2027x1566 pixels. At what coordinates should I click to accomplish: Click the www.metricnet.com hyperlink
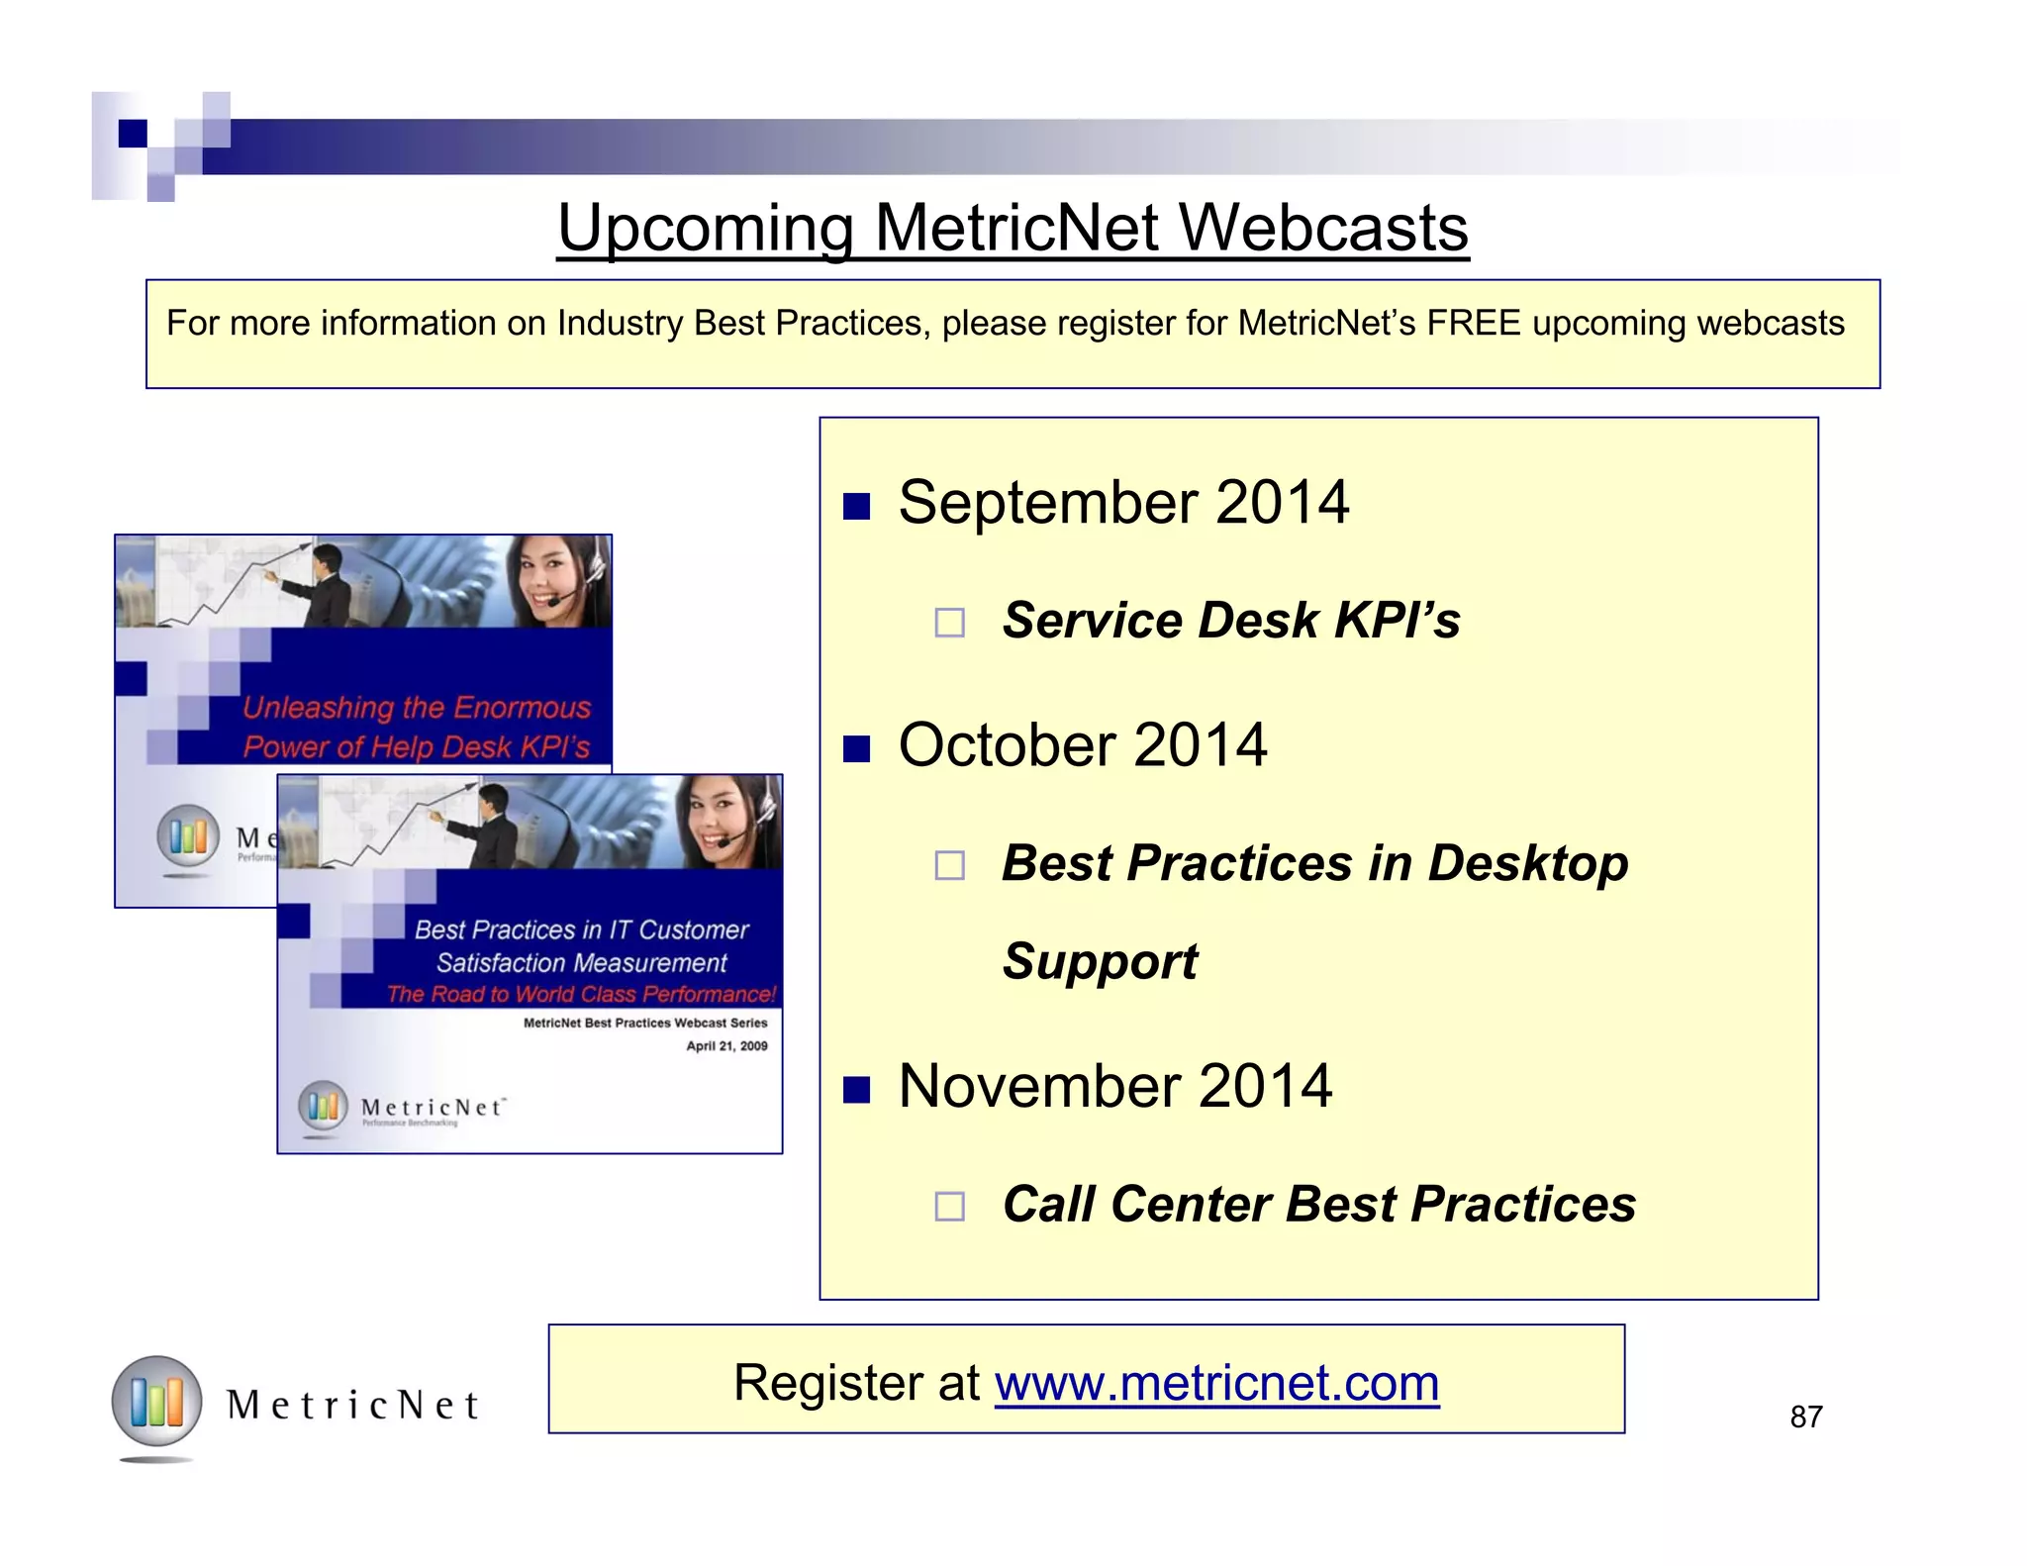coord(1216,1383)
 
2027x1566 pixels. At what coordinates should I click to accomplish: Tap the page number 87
coord(1805,1418)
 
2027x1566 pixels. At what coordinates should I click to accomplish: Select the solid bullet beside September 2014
coord(856,507)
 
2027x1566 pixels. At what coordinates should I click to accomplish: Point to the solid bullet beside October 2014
coord(856,749)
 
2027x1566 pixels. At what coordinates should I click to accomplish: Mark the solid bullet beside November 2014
coord(856,1090)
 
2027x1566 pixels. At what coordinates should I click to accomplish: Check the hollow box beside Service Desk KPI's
coord(949,623)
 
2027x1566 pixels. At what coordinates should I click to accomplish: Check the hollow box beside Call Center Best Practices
coord(949,1207)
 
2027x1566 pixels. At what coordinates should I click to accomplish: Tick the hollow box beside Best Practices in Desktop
coord(949,866)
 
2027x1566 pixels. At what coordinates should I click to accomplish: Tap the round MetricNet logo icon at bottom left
coord(156,1402)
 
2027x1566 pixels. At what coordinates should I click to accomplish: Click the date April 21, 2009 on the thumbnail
coord(726,1046)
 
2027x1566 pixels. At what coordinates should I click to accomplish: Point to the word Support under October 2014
coord(1100,961)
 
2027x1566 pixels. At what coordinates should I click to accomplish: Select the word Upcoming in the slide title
coord(706,228)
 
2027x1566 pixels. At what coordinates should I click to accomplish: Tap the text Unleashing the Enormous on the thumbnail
coord(417,708)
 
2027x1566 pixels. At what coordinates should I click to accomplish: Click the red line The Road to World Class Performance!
coord(581,994)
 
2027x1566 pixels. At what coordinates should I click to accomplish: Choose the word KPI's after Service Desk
coord(1397,621)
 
